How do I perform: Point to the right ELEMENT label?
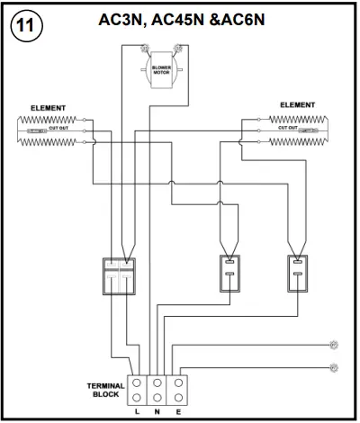click(x=297, y=105)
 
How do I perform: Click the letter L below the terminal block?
click(x=137, y=412)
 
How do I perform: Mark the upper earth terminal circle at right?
click(x=334, y=344)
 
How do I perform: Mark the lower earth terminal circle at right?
click(x=334, y=366)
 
